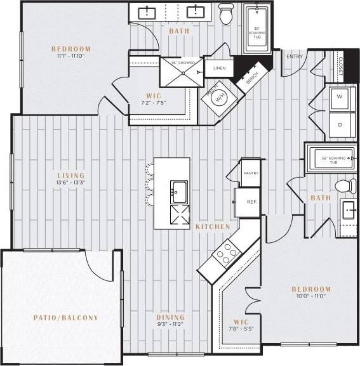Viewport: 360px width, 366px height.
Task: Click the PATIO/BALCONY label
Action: click(x=66, y=317)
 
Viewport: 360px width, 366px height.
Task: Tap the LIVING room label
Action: click(x=70, y=176)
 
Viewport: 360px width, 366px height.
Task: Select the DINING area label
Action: click(x=170, y=317)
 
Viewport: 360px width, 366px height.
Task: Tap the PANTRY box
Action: click(x=250, y=172)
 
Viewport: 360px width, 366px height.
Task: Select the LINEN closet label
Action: click(x=219, y=67)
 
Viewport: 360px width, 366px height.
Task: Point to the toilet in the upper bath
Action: click(x=226, y=13)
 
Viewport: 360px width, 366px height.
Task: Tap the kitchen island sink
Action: click(x=178, y=190)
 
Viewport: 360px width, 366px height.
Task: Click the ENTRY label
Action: click(x=295, y=56)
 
